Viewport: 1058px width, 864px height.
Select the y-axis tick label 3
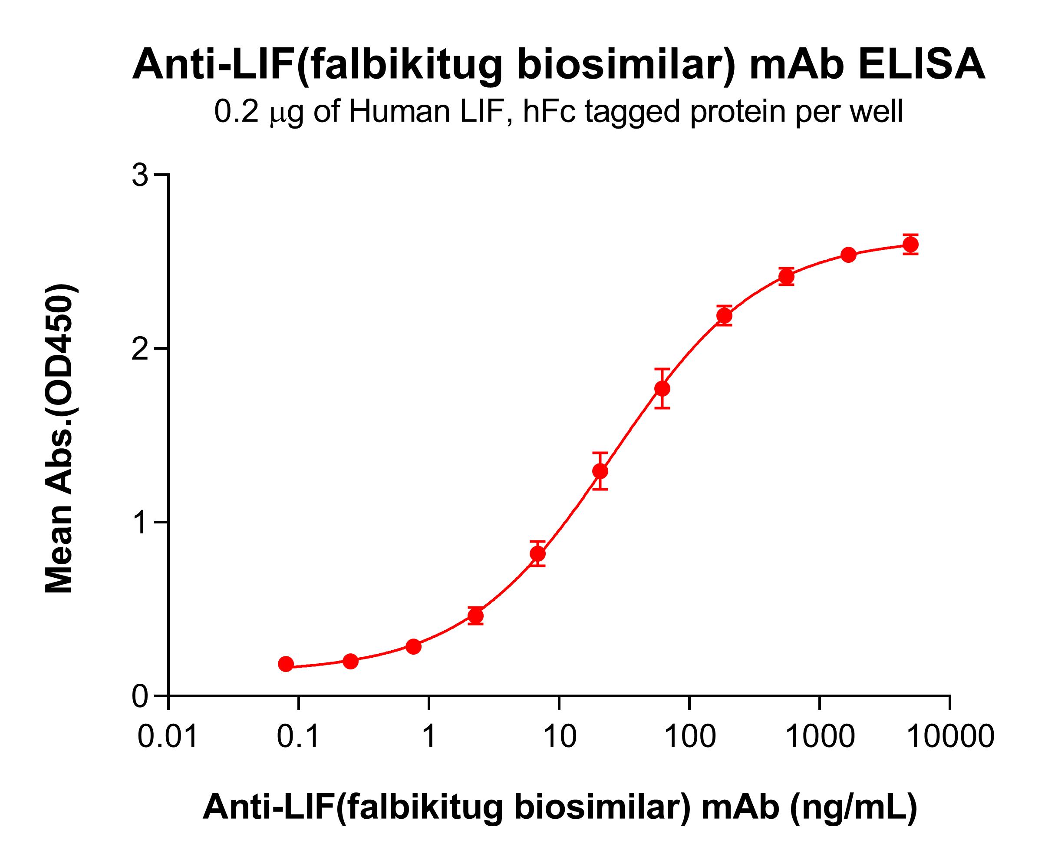click(x=141, y=176)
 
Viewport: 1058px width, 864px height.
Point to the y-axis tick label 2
click(x=141, y=349)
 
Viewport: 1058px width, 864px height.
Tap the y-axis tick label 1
click(x=141, y=523)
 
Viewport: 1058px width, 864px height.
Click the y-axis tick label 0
click(x=141, y=697)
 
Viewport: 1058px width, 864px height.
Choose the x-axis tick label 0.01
click(x=168, y=737)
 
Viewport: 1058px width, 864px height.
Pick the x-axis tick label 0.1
click(x=298, y=737)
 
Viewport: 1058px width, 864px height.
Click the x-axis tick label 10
click(x=559, y=737)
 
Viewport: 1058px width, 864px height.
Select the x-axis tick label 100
click(x=689, y=737)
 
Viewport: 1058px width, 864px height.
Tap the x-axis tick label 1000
click(x=819, y=737)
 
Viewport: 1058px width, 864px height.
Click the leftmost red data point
click(x=286, y=664)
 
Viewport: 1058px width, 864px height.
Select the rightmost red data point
click(x=911, y=245)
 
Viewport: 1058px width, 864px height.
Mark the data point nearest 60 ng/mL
click(x=662, y=389)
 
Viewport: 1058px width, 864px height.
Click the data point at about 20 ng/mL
click(x=600, y=471)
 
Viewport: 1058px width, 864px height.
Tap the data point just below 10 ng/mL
click(x=538, y=553)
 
